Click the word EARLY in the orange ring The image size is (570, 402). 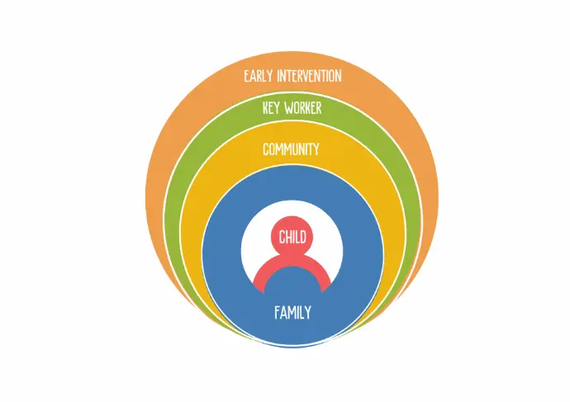click(258, 76)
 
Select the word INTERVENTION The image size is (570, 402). click(309, 76)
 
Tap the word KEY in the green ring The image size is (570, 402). click(271, 108)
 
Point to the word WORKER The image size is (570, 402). click(303, 108)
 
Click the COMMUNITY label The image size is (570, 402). click(291, 149)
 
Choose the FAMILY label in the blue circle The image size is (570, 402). click(292, 313)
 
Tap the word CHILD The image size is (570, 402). click(292, 238)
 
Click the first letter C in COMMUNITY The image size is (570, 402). click(266, 149)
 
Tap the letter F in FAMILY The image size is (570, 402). click(277, 313)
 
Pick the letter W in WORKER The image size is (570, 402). click(288, 108)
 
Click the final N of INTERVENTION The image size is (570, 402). click(339, 76)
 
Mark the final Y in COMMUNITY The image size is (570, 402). click(316, 149)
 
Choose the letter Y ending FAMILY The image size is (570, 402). click(308, 313)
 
